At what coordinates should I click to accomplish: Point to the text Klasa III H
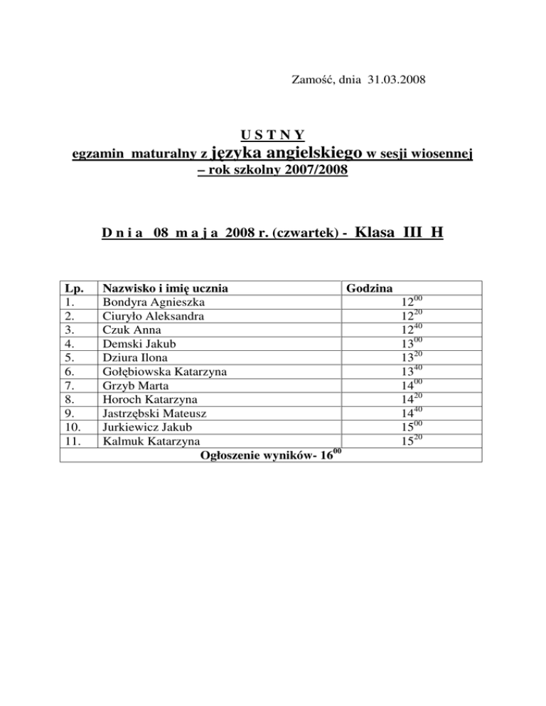point(398,231)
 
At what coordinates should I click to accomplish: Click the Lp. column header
point(73,288)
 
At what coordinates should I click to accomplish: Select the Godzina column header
point(368,288)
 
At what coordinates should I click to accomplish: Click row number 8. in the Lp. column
point(70,400)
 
